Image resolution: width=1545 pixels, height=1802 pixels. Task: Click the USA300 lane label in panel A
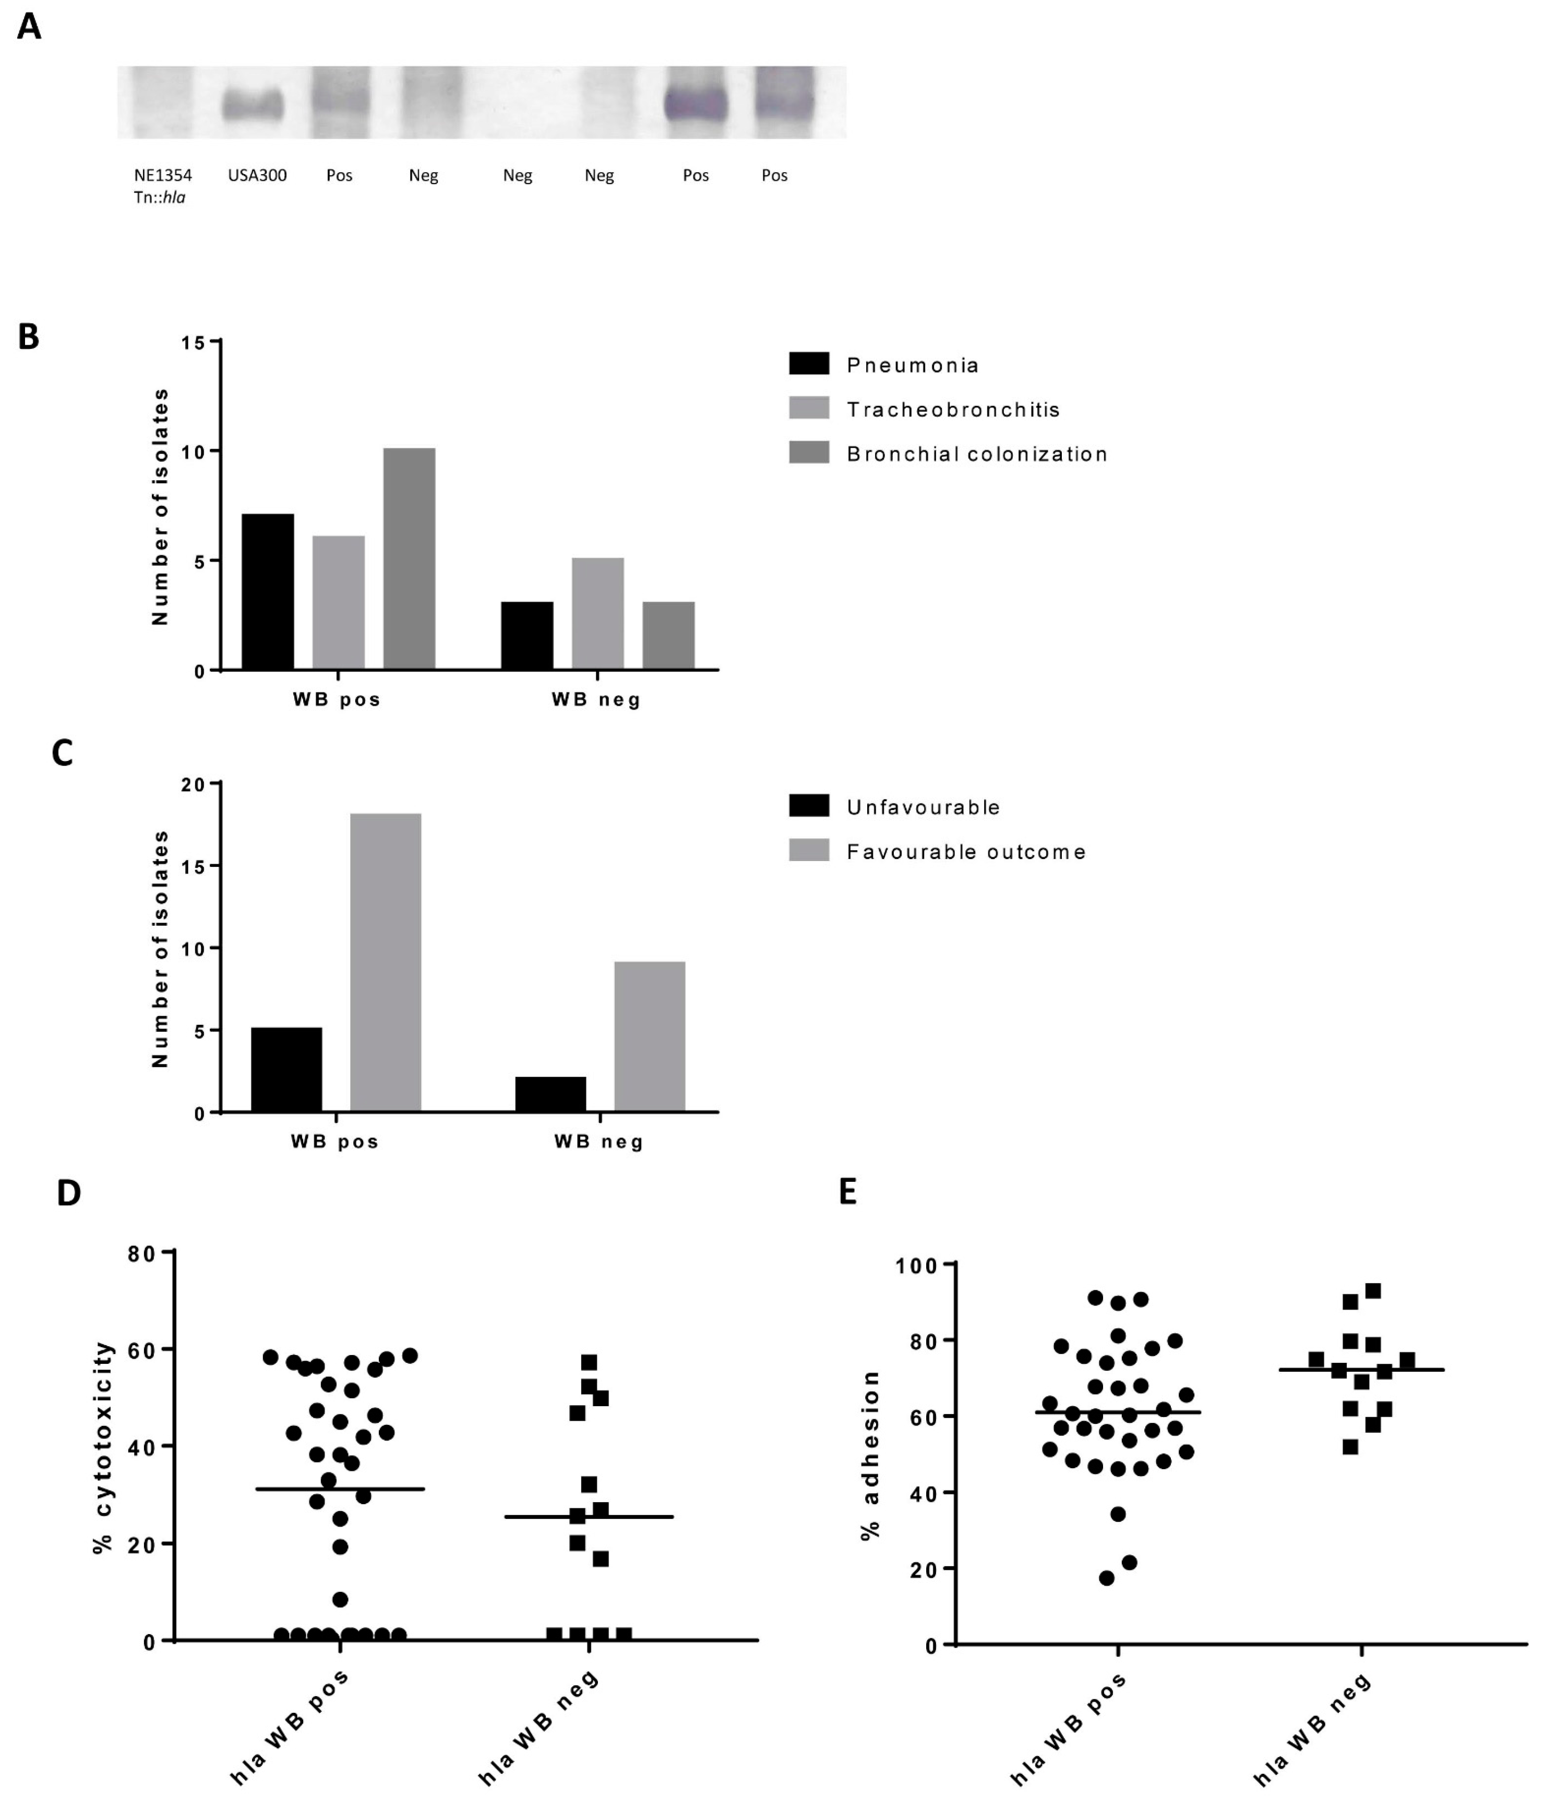pos(257,175)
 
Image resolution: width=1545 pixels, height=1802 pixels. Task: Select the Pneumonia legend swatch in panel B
pos(808,364)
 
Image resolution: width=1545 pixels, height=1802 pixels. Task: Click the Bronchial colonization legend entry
pos(976,454)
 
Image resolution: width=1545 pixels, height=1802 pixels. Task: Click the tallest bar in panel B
pos(409,559)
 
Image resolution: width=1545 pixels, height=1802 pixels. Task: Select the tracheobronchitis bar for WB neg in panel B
pos(597,613)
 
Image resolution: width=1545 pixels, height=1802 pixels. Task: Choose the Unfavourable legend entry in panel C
pos(922,807)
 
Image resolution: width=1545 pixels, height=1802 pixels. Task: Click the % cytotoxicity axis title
pos(103,1448)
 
